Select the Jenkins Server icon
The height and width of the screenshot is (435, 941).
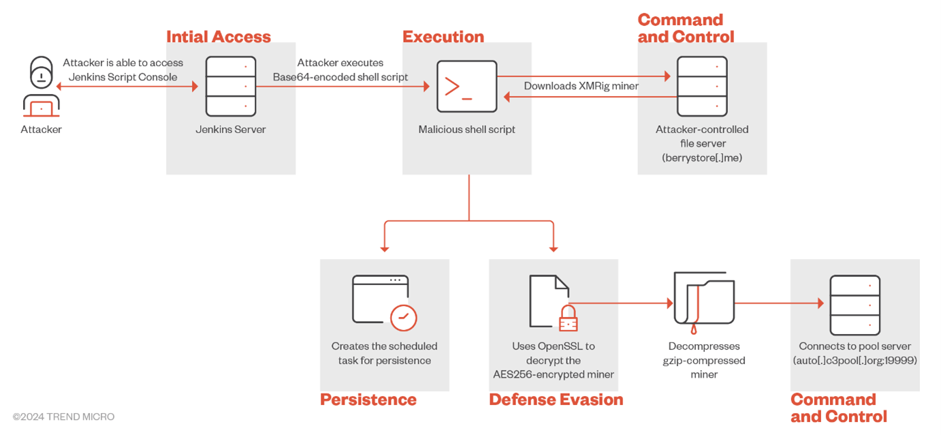click(x=231, y=87)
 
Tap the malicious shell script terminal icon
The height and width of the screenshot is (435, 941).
click(x=466, y=87)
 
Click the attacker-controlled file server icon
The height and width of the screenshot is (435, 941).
click(x=702, y=87)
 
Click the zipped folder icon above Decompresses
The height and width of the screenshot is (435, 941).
click(x=703, y=301)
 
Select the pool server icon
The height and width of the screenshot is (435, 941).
click(x=855, y=305)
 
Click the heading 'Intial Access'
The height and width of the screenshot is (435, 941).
click(x=219, y=37)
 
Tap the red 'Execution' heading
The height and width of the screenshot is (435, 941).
click(x=443, y=37)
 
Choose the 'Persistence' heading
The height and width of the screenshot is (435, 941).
click(x=368, y=400)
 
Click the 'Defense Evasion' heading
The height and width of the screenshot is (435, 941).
click(x=556, y=400)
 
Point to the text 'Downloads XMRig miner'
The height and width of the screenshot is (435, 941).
click(x=581, y=86)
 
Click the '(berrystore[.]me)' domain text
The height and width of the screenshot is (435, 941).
click(x=702, y=157)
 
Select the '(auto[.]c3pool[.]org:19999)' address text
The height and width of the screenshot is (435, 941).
click(x=855, y=360)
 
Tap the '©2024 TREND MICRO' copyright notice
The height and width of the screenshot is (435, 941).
click(x=63, y=417)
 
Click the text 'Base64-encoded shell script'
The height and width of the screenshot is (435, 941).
click(x=340, y=77)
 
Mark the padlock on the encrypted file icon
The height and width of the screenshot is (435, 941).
click(x=568, y=318)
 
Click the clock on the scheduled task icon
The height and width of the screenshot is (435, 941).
click(x=403, y=318)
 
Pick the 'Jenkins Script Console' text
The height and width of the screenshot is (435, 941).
click(x=123, y=77)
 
